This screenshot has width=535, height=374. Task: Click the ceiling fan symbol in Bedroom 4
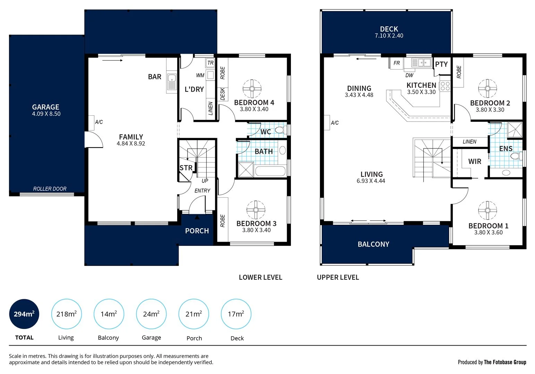point(252,89)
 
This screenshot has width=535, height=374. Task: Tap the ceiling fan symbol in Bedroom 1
point(487,210)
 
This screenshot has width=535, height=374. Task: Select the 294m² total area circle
point(24,314)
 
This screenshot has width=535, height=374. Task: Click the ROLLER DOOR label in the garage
point(50,189)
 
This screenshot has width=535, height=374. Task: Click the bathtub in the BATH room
point(270,171)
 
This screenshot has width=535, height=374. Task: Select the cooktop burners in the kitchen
point(445,86)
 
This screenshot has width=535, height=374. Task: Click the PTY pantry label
point(441,64)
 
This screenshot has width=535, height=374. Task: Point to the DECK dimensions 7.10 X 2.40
point(389,36)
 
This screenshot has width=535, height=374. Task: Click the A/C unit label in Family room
point(99,122)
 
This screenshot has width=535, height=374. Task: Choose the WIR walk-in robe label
point(474,161)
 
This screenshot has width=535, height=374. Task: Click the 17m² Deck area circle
point(236,314)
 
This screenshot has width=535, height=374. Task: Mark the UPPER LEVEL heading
point(338,277)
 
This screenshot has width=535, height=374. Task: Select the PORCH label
point(197,231)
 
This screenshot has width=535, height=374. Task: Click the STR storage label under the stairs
point(186,168)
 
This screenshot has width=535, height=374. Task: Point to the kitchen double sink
point(421,63)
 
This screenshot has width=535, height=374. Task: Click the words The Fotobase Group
point(505,362)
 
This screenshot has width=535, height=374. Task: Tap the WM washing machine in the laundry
point(210,75)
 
